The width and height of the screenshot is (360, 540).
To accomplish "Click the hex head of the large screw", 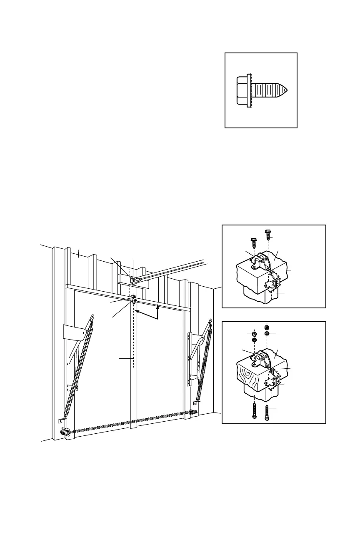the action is (242, 90).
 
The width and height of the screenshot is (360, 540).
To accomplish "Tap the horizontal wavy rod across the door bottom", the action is (129, 423).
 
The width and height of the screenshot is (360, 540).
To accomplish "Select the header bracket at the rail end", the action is (132, 281).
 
